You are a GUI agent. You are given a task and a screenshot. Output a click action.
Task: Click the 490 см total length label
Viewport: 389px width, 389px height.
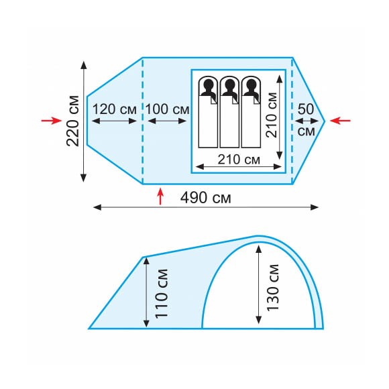click(206, 198)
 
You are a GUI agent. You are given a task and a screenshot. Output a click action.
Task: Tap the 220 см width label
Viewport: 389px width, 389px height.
click(73, 121)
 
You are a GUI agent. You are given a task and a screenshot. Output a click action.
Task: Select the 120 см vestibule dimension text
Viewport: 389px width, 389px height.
click(115, 109)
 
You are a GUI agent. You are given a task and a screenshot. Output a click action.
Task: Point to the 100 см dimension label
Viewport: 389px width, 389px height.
click(168, 109)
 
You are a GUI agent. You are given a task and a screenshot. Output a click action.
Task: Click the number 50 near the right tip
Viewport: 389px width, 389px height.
click(306, 109)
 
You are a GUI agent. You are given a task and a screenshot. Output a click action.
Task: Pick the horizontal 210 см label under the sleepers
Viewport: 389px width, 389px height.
click(239, 160)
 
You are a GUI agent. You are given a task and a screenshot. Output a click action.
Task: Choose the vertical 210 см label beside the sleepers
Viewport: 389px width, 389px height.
click(272, 115)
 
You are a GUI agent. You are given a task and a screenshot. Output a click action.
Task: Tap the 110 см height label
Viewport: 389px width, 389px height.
click(162, 293)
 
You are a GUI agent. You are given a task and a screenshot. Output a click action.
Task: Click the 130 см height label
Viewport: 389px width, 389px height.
click(272, 287)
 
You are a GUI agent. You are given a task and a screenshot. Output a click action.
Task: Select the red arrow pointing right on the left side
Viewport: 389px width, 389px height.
click(52, 121)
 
